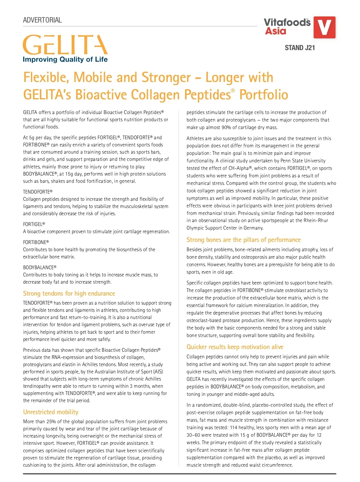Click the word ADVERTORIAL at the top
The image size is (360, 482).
(42, 20)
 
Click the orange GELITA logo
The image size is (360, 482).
(65, 45)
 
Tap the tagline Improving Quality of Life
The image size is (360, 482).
(65, 59)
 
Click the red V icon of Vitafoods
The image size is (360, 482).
(324, 27)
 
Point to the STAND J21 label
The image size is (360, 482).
(300, 48)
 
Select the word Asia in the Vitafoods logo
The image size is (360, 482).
(275, 31)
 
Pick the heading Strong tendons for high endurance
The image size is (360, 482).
(69, 294)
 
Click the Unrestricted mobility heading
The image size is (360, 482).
(51, 412)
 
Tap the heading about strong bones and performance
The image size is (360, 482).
(243, 240)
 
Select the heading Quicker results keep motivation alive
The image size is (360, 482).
(235, 347)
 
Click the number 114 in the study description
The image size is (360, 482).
(234, 427)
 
